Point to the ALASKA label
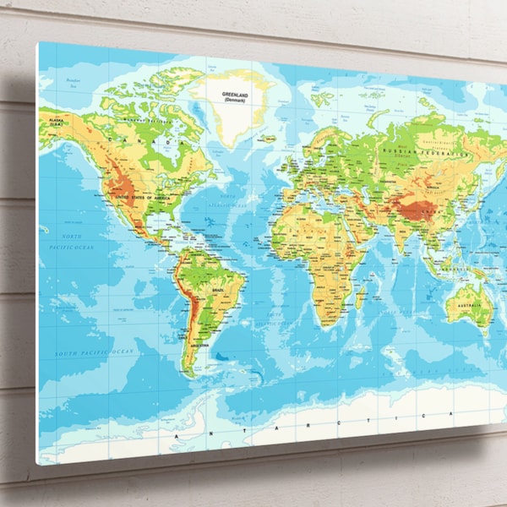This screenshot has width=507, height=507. pyautogui.click(x=56, y=123)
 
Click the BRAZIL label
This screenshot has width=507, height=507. pyautogui.click(x=218, y=289)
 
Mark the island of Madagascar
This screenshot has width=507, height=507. pyautogui.click(x=361, y=297)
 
